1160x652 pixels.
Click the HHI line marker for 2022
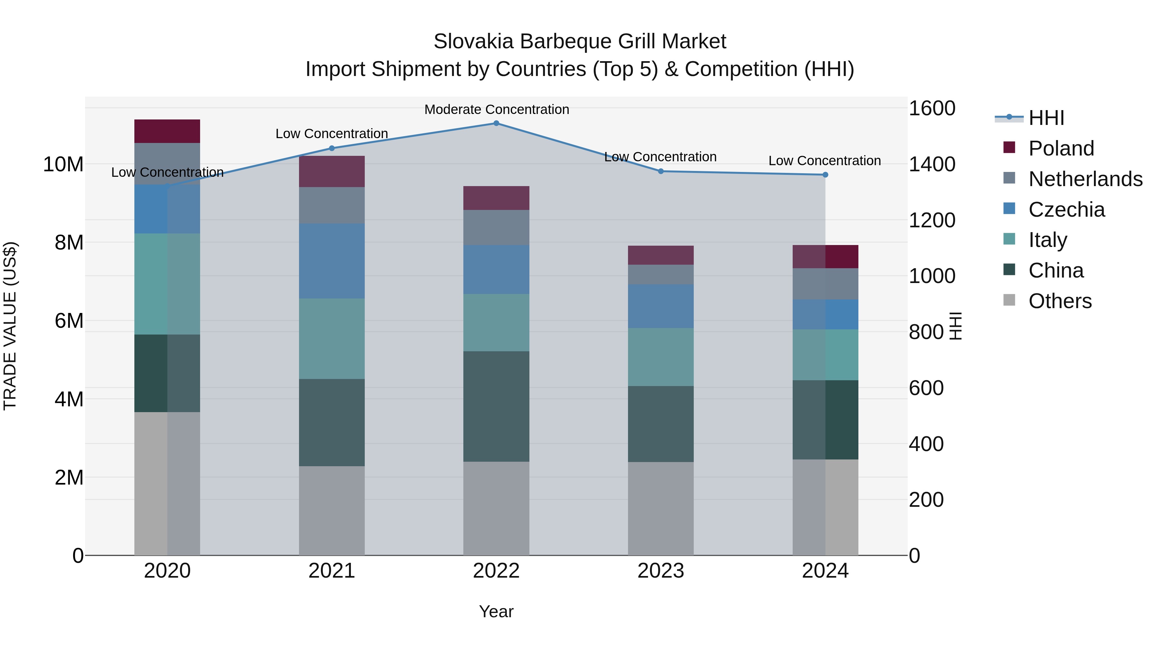click(x=496, y=123)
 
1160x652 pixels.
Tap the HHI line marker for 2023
click(x=661, y=171)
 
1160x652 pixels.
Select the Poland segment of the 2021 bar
click(x=332, y=171)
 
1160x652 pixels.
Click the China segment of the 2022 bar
click(x=496, y=406)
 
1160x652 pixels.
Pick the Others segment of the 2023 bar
click(x=661, y=508)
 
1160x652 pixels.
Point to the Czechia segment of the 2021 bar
click(x=332, y=261)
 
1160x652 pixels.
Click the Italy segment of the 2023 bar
click(x=661, y=357)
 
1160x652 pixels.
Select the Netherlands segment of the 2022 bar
click(x=496, y=227)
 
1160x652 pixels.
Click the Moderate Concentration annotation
click(x=497, y=110)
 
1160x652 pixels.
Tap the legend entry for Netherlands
click(x=1085, y=179)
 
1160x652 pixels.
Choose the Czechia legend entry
click(x=1066, y=210)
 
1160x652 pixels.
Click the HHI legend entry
click(x=1046, y=118)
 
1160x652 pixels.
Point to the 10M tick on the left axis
click(x=63, y=165)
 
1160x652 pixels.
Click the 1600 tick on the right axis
click(x=932, y=109)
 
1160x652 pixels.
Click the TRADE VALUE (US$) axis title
click(x=10, y=326)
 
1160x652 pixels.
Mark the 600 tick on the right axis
click(x=926, y=388)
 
